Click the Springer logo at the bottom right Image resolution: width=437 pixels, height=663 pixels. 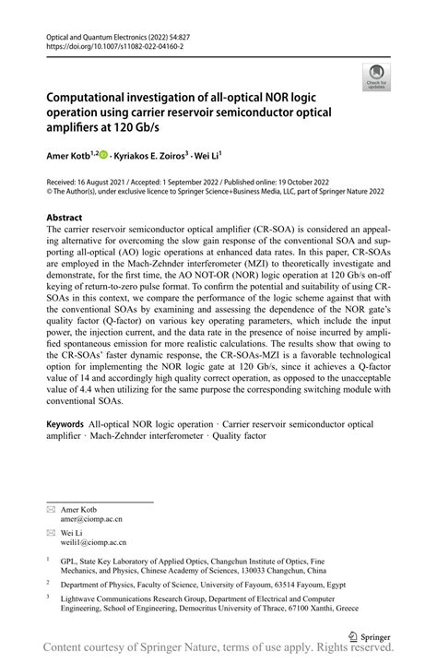click(370, 635)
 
